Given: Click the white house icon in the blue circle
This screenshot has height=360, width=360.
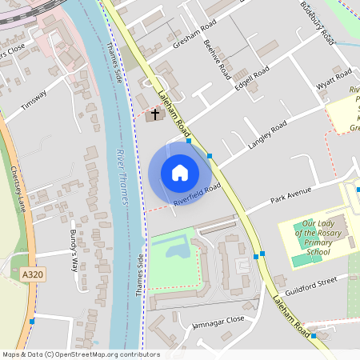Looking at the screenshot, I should tap(180, 173).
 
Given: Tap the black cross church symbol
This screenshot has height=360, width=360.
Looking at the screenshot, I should tap(156, 114).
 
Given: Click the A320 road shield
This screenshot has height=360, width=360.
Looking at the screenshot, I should tap(32, 274).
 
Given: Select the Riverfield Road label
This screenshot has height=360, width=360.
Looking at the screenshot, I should tap(197, 196).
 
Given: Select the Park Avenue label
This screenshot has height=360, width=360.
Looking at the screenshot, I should tap(289, 195).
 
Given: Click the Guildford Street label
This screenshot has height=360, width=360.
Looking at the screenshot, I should tap(316, 284).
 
